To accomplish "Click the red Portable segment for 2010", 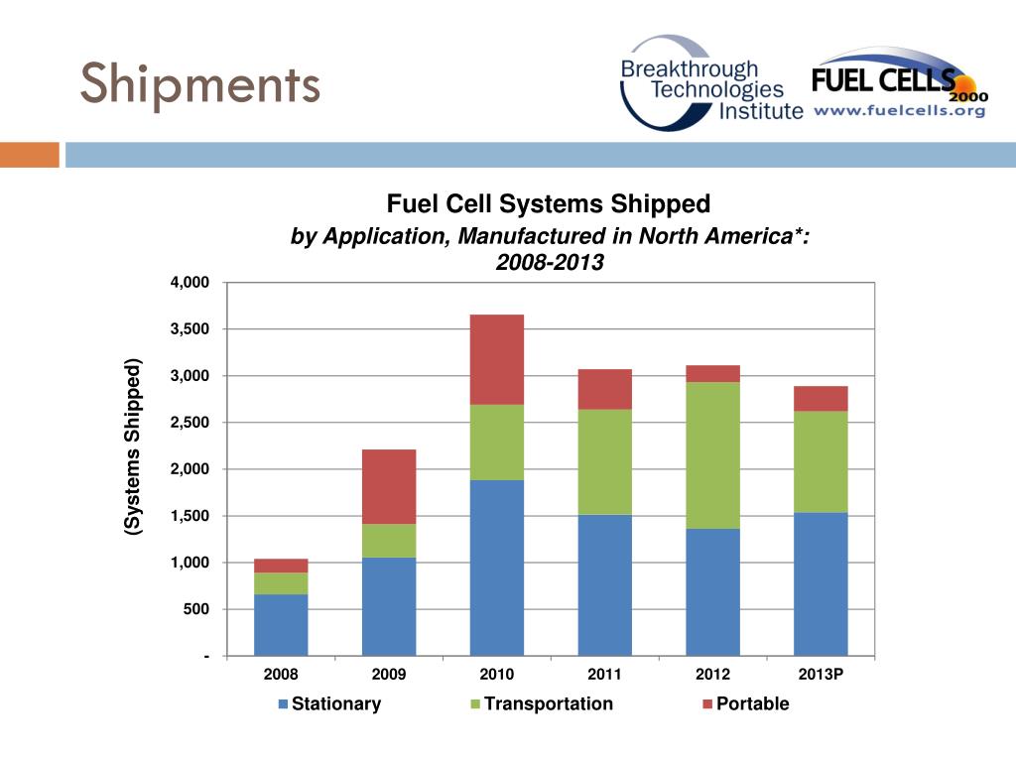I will (x=497, y=359).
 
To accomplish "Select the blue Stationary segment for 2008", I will (x=281, y=625).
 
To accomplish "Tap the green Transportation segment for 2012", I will (x=712, y=455).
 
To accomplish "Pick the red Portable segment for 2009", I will (x=389, y=486).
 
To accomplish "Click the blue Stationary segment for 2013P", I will (x=821, y=583).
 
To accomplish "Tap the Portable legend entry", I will (x=745, y=704).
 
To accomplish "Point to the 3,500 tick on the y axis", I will (x=190, y=329).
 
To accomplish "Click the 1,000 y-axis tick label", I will (x=190, y=563).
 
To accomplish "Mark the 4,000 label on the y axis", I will (x=190, y=283).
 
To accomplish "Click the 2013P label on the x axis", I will (x=821, y=675).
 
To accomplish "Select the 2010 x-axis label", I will (x=497, y=675).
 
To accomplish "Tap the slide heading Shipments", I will (x=200, y=83).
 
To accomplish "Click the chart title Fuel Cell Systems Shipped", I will (x=549, y=204).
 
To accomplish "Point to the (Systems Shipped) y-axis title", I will (x=133, y=447).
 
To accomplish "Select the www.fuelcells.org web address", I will (x=900, y=111).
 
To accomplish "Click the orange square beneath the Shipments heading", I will (x=30, y=155).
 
